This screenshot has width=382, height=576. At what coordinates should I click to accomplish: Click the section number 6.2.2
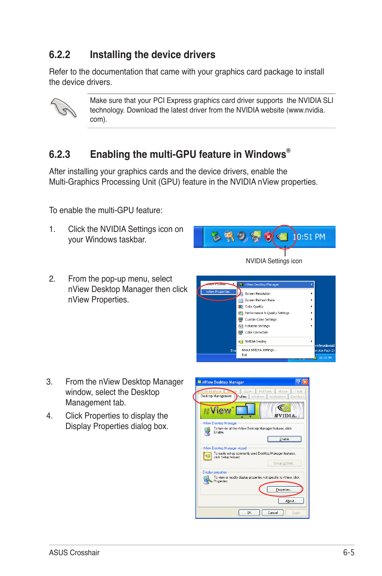[x=59, y=55]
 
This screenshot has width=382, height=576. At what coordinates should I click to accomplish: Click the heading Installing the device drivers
[x=152, y=55]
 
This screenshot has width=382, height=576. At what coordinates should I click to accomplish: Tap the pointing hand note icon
[x=63, y=108]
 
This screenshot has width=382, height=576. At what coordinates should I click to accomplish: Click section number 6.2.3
[x=59, y=155]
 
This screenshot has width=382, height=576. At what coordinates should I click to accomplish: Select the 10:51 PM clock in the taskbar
[x=309, y=237]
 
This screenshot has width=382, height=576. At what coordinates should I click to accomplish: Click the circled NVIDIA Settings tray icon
[x=283, y=237]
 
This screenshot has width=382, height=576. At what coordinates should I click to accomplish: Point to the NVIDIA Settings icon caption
[x=274, y=261]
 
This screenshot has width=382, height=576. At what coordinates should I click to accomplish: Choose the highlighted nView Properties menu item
[x=218, y=292]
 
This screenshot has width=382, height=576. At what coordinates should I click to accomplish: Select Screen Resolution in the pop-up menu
[x=257, y=294]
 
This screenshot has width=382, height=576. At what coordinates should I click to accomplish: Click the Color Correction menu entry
[x=256, y=332]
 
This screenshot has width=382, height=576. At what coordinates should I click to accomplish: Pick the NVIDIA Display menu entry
[x=255, y=342]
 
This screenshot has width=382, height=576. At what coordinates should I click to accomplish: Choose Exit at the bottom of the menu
[x=244, y=355]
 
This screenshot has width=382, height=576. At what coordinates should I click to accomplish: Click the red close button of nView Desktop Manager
[x=305, y=382]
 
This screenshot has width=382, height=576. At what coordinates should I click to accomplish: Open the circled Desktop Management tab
[x=216, y=396]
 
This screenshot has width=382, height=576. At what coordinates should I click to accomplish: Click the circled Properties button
[x=284, y=489]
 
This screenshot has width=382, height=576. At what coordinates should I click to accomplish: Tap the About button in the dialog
[x=291, y=501]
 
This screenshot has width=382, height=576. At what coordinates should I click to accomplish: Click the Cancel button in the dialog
[x=273, y=513]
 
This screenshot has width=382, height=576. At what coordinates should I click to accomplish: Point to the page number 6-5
[x=348, y=553]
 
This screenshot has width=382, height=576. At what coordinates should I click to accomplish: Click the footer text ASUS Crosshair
[x=74, y=553]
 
